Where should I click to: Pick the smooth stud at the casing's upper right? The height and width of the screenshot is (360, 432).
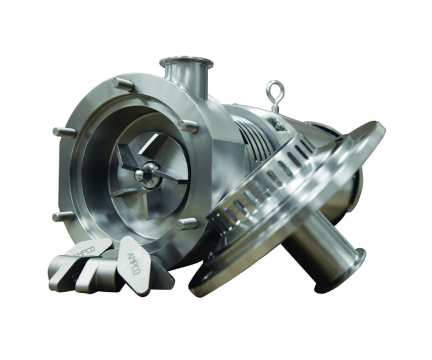(188, 126)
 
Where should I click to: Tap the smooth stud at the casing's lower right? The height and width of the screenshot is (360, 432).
(187, 223)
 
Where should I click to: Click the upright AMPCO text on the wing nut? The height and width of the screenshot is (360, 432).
(134, 263)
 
